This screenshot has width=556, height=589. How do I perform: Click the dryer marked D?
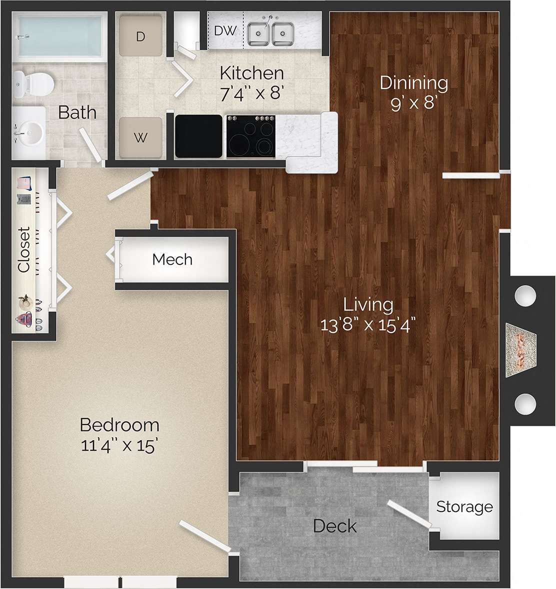pos(141,36)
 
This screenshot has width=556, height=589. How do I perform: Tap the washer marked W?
pos(141,137)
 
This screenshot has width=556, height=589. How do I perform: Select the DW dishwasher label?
pos(225,30)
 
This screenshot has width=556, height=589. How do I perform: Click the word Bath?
pos(77,112)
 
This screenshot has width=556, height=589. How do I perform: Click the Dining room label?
pos(413,82)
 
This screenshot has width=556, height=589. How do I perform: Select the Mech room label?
pos(172,259)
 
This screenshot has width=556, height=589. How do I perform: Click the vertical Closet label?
pos(24,249)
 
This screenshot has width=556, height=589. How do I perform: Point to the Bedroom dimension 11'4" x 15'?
pos(119,444)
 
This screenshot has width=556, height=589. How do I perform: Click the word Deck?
pos(334,526)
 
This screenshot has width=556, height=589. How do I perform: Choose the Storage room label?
pos(464,506)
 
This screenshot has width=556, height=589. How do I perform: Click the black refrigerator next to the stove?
pos(198,136)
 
